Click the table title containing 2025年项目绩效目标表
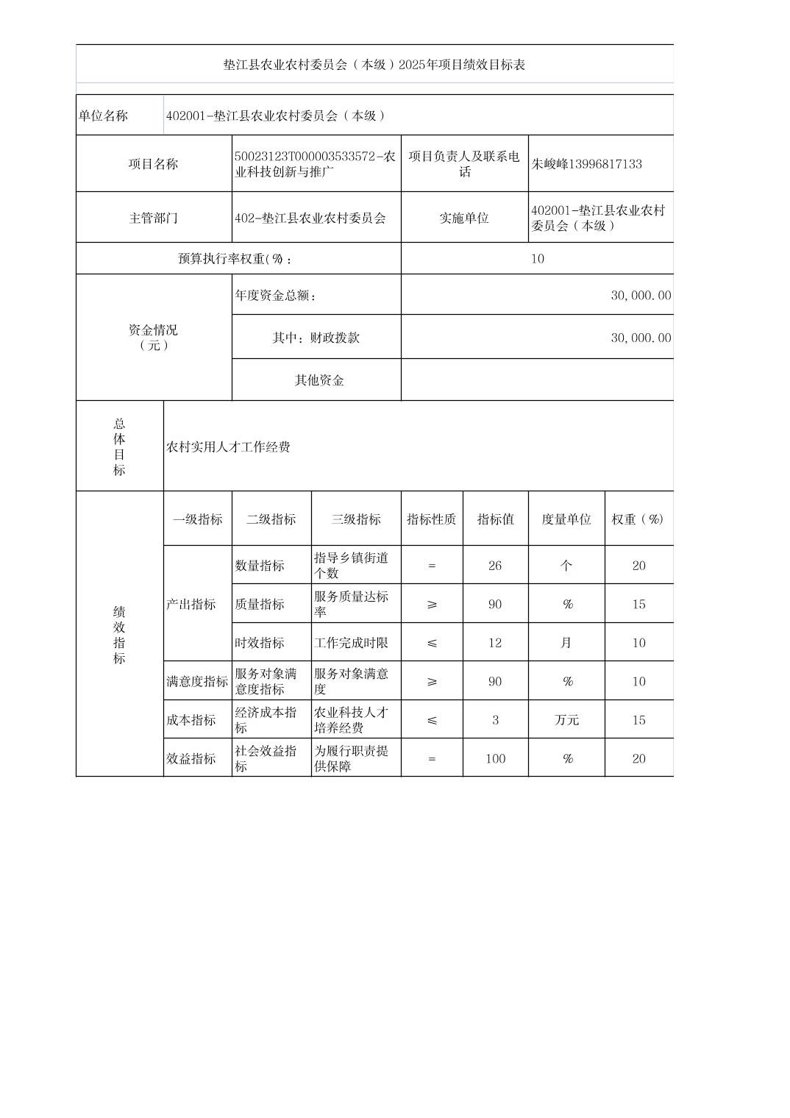374,65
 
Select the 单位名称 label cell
103,115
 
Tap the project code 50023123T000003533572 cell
315,164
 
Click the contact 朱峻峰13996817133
586,164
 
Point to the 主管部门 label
153,218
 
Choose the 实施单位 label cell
463,218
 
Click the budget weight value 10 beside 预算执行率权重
537,259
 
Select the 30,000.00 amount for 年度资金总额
640,295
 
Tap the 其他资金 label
319,380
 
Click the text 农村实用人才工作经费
228,447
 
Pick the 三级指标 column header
355,519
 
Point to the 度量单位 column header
566,519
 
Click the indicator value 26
494,566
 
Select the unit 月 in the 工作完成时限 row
566,643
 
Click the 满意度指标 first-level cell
197,681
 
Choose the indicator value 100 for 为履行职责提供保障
494,758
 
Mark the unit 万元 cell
566,720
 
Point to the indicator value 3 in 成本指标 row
494,720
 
